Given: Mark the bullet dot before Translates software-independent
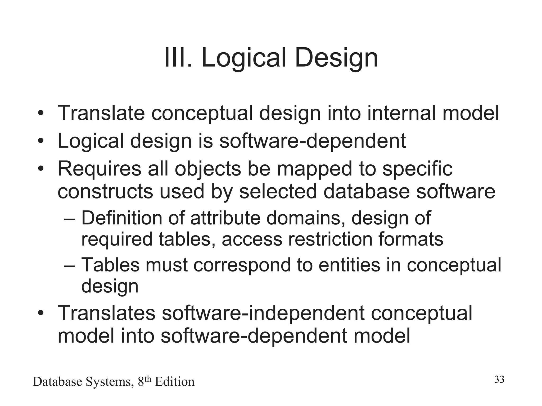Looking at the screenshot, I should [x=40, y=313].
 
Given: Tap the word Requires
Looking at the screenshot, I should [x=100, y=169].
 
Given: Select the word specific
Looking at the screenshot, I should [x=417, y=169].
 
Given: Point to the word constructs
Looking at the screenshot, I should [x=105, y=191].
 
